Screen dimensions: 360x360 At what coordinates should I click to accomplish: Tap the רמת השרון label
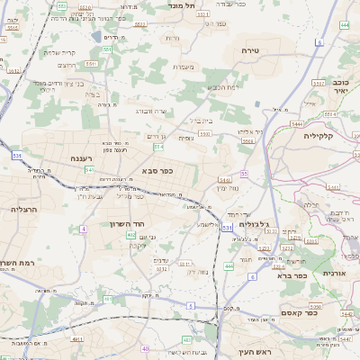(17, 264)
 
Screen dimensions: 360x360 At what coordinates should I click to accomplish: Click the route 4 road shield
(83, 229)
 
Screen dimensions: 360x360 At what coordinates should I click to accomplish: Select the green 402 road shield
(131, 235)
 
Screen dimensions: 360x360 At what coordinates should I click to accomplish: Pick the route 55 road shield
(243, 174)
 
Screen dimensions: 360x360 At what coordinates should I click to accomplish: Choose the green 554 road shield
(158, 146)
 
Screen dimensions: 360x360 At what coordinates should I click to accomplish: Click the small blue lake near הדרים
(96, 36)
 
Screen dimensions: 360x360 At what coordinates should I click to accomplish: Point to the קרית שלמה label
(59, 52)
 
